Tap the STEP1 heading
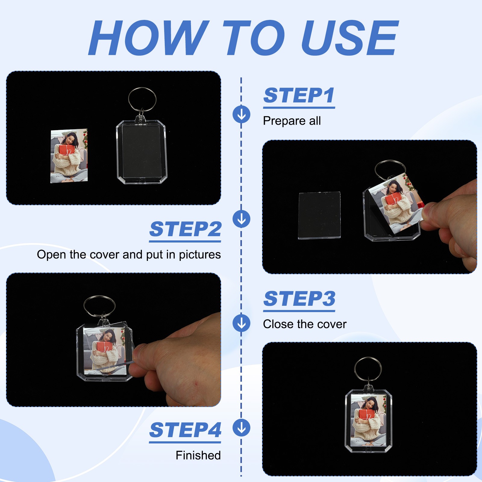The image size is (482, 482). [299, 95]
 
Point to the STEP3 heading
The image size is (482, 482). [299, 299]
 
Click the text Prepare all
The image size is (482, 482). [292, 121]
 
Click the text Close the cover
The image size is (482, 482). [305, 324]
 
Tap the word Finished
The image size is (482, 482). [198, 455]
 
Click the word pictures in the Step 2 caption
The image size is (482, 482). [200, 255]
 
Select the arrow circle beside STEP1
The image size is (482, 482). [241, 114]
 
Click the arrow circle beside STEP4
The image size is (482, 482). [241, 428]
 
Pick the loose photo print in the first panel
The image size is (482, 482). [69, 156]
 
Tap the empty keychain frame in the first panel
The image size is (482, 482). [142, 152]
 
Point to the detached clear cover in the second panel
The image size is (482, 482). [319, 215]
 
